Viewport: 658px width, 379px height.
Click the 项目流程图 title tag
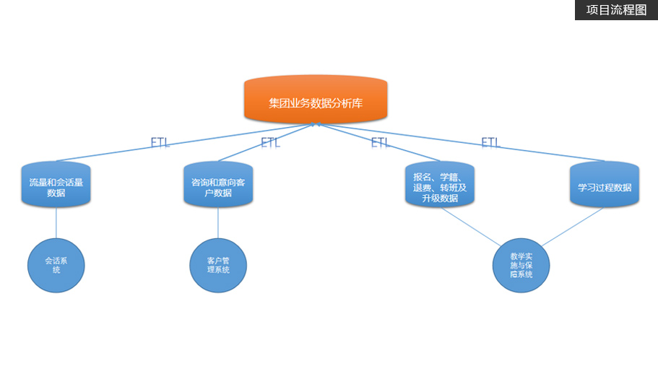(616, 10)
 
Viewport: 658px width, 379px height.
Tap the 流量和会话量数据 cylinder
(56, 186)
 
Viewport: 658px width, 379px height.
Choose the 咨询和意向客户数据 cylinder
(217, 186)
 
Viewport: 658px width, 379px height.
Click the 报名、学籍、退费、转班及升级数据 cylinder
(440, 186)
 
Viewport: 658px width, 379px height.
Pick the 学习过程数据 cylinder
(604, 186)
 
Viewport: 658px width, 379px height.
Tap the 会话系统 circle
(56, 265)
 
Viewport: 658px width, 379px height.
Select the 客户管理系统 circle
(217, 265)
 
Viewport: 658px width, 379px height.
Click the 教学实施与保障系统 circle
(521, 265)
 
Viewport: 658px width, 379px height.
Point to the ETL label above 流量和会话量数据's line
(160, 141)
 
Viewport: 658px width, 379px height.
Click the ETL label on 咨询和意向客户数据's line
(270, 141)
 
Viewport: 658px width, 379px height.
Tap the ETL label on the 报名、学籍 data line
(380, 142)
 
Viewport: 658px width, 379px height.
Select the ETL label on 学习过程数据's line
(490, 142)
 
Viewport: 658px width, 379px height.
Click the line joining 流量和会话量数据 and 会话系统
(56, 223)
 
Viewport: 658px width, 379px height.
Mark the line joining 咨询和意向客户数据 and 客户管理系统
(217, 223)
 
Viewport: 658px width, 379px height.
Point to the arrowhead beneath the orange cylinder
(316, 125)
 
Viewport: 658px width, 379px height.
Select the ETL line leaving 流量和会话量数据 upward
(108, 152)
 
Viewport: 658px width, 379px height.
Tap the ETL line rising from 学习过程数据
(549, 152)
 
